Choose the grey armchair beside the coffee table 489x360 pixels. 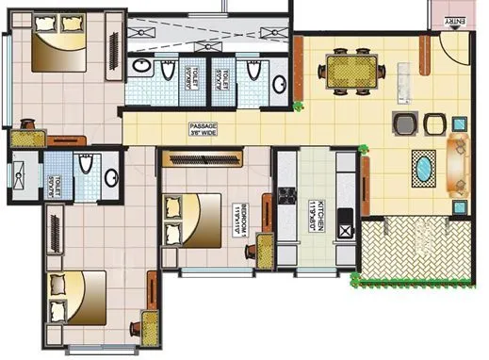click(x=404, y=123)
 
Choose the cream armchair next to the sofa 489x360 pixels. click(x=435, y=123)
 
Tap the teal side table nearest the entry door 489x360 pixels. click(x=459, y=123)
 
